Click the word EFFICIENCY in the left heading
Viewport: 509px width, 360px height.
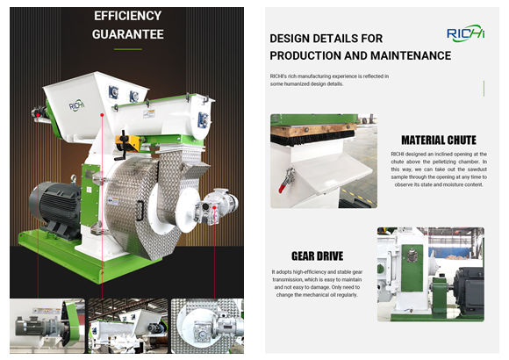(127, 16)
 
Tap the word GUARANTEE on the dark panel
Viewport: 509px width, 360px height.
(127, 35)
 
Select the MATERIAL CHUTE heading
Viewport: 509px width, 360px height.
(439, 140)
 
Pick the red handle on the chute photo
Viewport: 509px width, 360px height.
(284, 183)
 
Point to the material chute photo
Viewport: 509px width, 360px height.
(323, 161)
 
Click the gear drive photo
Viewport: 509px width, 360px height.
(430, 274)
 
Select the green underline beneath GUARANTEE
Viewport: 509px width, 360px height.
(127, 48)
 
